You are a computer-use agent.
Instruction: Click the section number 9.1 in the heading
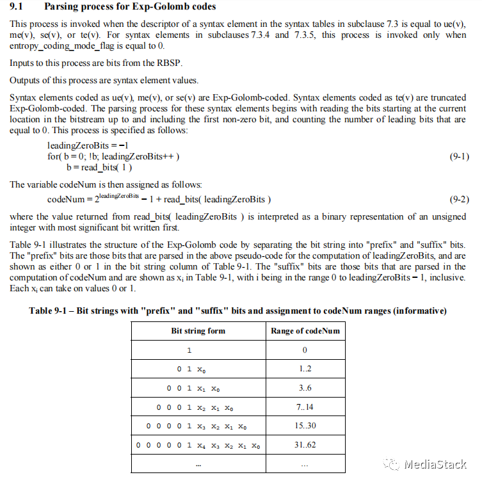click(18, 7)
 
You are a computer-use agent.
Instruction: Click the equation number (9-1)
click(455, 157)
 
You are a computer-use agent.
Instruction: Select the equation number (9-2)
click(455, 199)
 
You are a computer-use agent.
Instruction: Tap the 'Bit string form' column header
click(198, 331)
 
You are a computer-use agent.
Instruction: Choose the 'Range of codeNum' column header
click(305, 331)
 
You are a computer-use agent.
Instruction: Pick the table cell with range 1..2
click(305, 369)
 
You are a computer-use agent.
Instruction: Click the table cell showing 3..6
click(305, 388)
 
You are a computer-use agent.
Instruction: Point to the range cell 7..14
click(305, 407)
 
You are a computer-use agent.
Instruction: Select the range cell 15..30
click(305, 426)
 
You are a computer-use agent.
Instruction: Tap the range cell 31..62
click(305, 445)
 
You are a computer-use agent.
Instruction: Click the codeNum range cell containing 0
click(305, 350)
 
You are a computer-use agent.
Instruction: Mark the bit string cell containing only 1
click(189, 350)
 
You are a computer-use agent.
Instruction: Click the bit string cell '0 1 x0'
click(193, 369)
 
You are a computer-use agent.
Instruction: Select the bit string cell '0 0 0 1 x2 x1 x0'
click(198, 407)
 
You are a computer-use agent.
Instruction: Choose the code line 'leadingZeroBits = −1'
click(83, 146)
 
